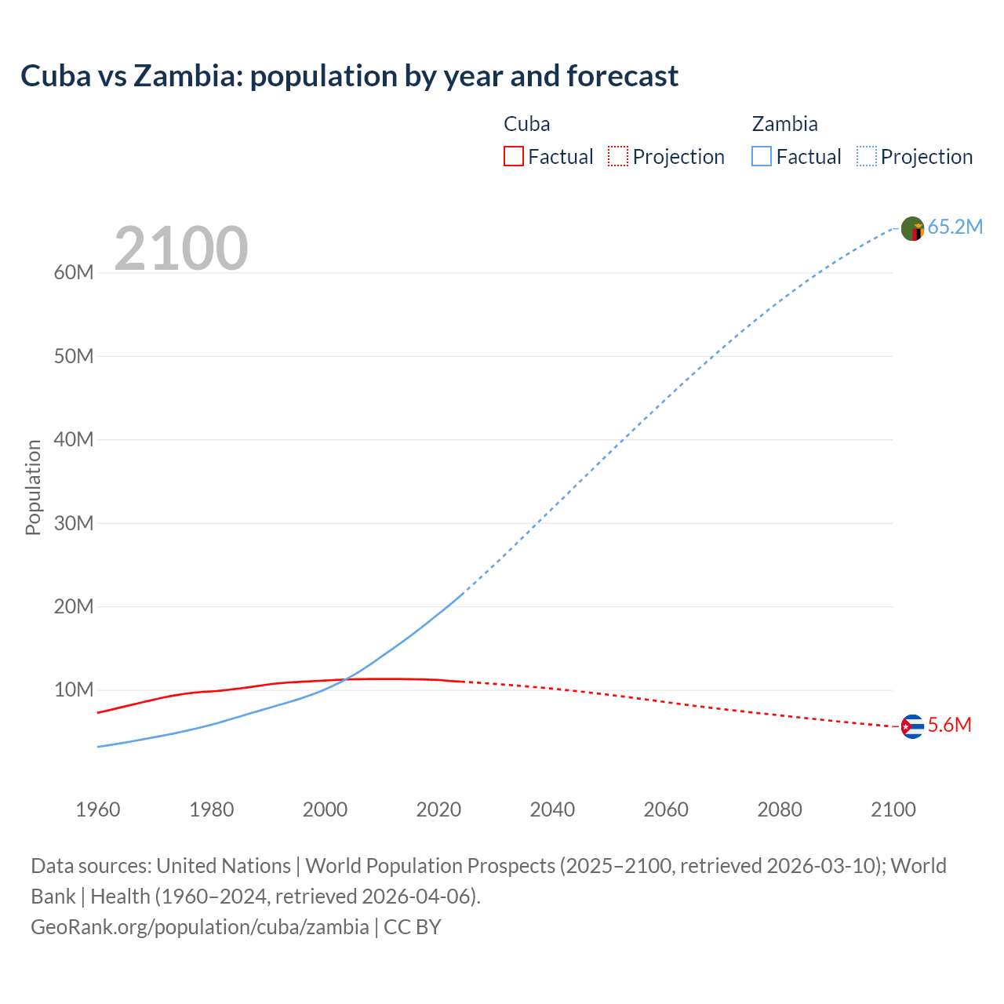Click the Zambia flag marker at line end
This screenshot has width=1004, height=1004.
[912, 229]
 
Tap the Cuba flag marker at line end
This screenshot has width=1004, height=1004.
[912, 727]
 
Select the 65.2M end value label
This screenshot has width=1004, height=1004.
[955, 227]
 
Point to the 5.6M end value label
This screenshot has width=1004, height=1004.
[949, 726]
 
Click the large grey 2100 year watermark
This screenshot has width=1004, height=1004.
[181, 249]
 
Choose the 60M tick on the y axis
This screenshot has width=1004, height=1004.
[74, 273]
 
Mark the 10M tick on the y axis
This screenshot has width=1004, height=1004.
[74, 690]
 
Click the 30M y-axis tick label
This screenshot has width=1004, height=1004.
[74, 523]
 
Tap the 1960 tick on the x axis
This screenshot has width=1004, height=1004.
[98, 809]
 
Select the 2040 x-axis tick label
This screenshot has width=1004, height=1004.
[552, 809]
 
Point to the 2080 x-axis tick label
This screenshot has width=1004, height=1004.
[780, 809]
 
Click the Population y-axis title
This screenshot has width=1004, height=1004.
[33, 487]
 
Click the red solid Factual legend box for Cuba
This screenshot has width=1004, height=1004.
[513, 157]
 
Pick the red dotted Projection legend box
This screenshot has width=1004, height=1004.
[618, 157]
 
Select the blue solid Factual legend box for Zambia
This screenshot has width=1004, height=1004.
[762, 157]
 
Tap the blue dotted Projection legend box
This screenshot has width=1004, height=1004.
[867, 157]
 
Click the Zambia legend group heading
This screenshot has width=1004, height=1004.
[784, 124]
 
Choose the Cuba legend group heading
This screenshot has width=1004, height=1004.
[526, 124]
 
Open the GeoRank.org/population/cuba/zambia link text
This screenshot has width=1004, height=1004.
[200, 927]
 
